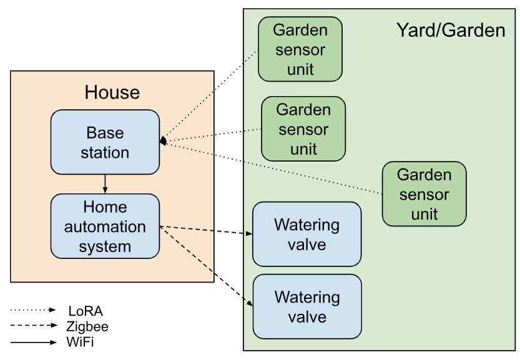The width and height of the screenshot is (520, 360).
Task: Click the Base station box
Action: tap(105, 142)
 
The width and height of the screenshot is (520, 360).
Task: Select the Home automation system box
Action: tap(105, 226)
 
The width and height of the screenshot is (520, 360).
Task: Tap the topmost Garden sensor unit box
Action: tap(300, 49)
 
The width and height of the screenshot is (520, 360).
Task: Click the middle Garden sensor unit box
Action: tap(303, 129)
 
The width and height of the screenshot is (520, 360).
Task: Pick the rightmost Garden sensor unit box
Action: tap(424, 194)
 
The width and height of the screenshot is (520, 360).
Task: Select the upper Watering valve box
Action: tap(307, 234)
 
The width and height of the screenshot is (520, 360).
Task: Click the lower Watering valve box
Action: tap(307, 306)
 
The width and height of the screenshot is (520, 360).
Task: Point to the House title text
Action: tap(112, 93)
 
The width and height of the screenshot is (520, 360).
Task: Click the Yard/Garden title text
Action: tap(451, 30)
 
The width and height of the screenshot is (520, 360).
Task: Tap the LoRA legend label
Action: tap(86, 310)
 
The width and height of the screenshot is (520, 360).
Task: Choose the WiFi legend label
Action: tap(80, 342)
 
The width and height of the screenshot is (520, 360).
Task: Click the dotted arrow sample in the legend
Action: tap(34, 310)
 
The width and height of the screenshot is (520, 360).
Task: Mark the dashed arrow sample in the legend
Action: tap(34, 326)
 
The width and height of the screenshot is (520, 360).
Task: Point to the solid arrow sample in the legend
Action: tap(34, 342)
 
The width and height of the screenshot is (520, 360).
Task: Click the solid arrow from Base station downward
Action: tap(105, 184)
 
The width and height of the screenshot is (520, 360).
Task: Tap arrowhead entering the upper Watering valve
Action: tap(249, 235)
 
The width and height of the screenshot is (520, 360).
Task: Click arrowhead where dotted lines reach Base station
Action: tap(163, 142)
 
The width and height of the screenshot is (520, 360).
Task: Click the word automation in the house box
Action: tap(105, 226)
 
